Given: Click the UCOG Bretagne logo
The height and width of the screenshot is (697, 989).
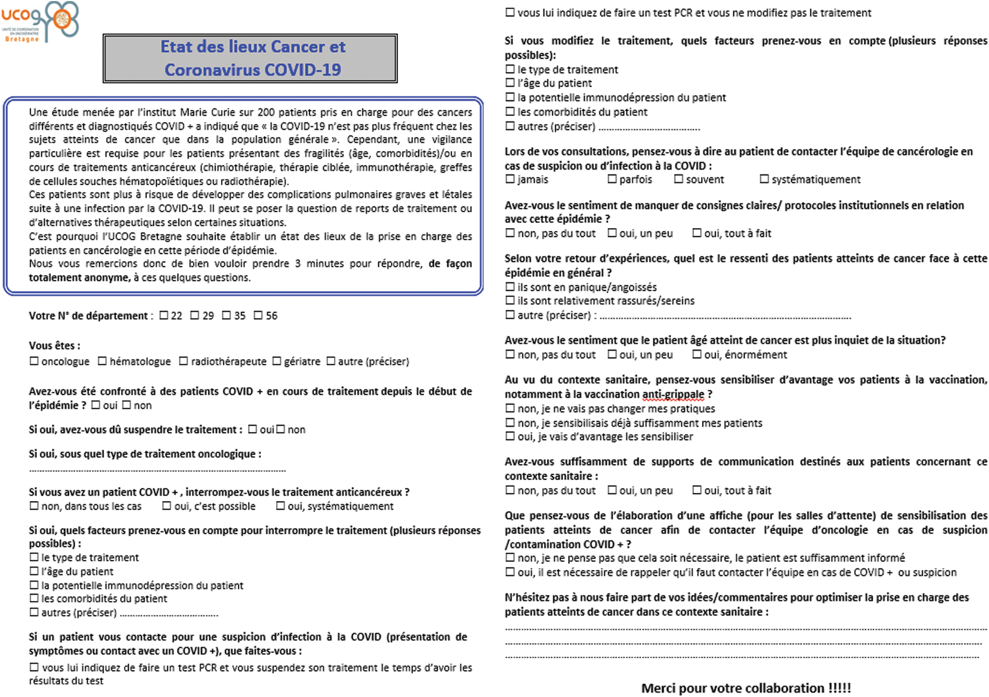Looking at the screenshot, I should click(x=41, y=21).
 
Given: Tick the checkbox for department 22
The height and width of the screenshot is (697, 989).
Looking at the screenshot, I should click(x=164, y=315).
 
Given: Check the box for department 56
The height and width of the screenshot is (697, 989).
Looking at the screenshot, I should click(x=258, y=315).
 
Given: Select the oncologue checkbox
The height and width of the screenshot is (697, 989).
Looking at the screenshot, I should click(x=34, y=361).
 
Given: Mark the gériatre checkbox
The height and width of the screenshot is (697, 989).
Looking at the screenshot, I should click(x=277, y=361).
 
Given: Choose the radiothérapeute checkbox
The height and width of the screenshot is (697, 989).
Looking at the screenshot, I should click(x=184, y=361).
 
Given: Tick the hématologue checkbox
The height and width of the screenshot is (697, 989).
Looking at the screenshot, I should click(x=102, y=361).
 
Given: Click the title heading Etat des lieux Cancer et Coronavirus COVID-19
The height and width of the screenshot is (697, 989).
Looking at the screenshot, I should click(x=250, y=58).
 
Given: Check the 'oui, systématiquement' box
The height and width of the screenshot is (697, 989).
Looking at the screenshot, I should click(x=281, y=506).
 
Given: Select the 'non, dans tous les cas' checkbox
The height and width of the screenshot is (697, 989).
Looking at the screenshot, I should click(x=34, y=506).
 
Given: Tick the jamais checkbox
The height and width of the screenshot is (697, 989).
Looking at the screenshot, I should click(x=510, y=179).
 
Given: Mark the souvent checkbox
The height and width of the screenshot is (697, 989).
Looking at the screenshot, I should click(x=679, y=179).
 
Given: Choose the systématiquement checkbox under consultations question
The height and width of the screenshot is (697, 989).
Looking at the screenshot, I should click(x=764, y=179).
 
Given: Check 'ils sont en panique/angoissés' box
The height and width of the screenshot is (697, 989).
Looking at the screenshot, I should click(x=510, y=287).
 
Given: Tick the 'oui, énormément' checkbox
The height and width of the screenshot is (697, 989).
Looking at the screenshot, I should click(x=697, y=355).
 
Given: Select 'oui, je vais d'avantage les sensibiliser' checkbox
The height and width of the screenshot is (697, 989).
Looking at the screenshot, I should click(x=510, y=436).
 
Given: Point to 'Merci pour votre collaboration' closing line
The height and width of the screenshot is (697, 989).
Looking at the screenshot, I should click(x=746, y=688).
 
